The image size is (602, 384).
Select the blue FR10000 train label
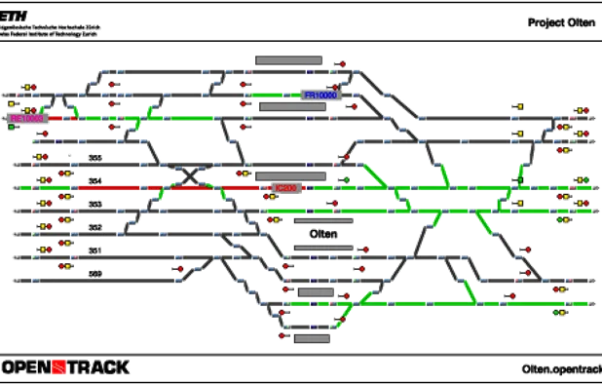320,96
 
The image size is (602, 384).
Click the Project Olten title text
563,21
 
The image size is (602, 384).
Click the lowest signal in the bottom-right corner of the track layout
559,314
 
